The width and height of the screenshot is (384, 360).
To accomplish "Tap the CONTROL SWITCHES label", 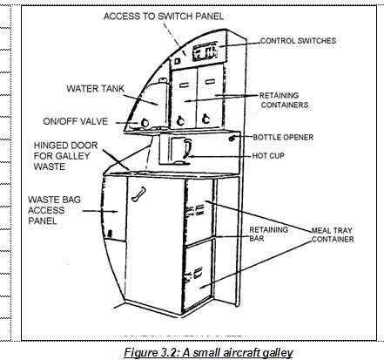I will pyautogui.click(x=298, y=41).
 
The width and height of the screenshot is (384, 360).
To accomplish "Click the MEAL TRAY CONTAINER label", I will pyautogui.click(x=332, y=234).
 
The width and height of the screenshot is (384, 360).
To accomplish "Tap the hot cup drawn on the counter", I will pyautogui.click(x=179, y=150).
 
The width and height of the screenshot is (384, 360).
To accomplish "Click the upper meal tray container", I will pyautogui.click(x=199, y=210).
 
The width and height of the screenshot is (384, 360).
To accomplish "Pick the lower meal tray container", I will pyautogui.click(x=199, y=269).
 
